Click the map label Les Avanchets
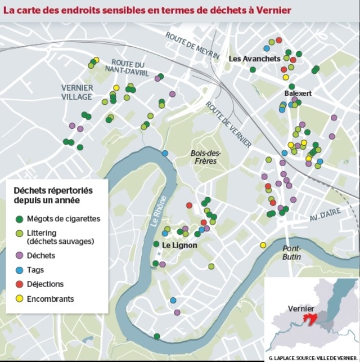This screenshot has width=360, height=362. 254,59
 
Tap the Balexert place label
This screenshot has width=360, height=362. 298,92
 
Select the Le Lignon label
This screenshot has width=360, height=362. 179,245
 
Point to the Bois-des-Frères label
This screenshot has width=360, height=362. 206,157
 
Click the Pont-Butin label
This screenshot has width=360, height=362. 292,253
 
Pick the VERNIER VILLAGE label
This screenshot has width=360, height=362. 77,92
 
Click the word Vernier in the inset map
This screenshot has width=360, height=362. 300,309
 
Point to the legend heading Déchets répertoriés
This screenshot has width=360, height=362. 53,190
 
